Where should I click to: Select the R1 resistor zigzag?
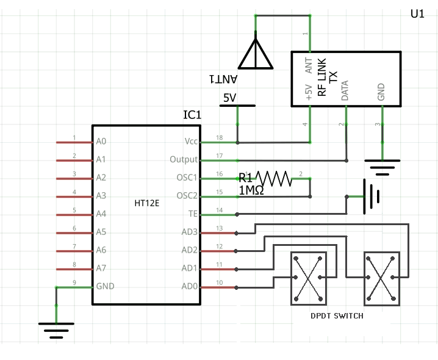pyautogui.click(x=274, y=178)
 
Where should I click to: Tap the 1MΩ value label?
pyautogui.click(x=251, y=190)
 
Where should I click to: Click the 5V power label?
pyautogui.click(x=230, y=98)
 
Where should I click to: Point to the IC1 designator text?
pyautogui.click(x=192, y=115)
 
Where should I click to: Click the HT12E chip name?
pyautogui.click(x=146, y=203)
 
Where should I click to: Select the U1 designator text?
pyautogui.click(x=417, y=15)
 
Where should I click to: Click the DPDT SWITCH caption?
pyautogui.click(x=337, y=315)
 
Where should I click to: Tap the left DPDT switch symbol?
pyautogui.click(x=308, y=278)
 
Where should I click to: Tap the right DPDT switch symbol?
pyautogui.click(x=381, y=278)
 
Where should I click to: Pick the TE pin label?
pyautogui.click(x=193, y=214)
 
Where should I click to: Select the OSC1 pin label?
pyautogui.click(x=187, y=178)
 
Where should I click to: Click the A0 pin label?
pyautogui.click(x=101, y=142)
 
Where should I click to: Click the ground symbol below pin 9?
pyautogui.click(x=56, y=331)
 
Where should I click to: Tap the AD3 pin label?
pyautogui.click(x=190, y=232)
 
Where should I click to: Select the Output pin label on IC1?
pyautogui.click(x=184, y=160)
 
